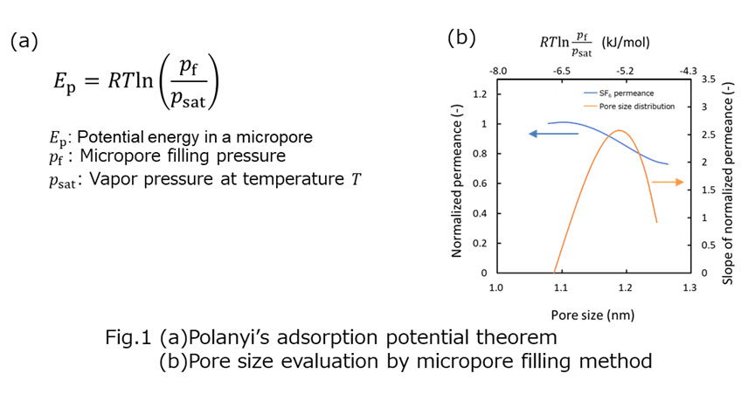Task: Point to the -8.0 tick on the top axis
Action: tap(497, 69)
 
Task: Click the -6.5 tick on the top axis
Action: tap(561, 69)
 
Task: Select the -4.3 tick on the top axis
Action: tap(689, 69)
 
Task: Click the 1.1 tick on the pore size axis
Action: tap(561, 286)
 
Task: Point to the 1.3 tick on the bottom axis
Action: tap(689, 286)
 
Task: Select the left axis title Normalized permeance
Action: tap(457, 184)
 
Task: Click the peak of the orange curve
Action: tap(619, 131)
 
